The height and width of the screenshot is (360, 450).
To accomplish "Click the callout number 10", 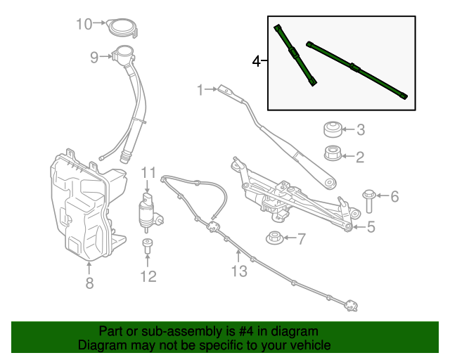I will pos(84,24).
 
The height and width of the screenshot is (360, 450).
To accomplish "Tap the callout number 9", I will pos(94,58).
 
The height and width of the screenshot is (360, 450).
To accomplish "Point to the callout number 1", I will pos(200,89).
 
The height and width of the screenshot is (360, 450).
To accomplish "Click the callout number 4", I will pos(257,62).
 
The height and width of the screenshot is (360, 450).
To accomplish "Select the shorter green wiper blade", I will pos(295,55).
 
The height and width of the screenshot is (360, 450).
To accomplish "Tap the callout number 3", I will pos(360,129).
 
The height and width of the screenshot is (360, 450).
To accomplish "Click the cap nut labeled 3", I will pos(332,129).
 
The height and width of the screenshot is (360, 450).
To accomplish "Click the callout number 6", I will pos(394,196).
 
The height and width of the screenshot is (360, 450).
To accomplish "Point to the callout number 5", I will pos(371,226).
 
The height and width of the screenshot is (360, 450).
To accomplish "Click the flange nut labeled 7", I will pos(275,238).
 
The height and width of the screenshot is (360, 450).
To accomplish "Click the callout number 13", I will pos(239,271).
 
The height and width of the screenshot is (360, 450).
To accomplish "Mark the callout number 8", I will pos(89,283).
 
